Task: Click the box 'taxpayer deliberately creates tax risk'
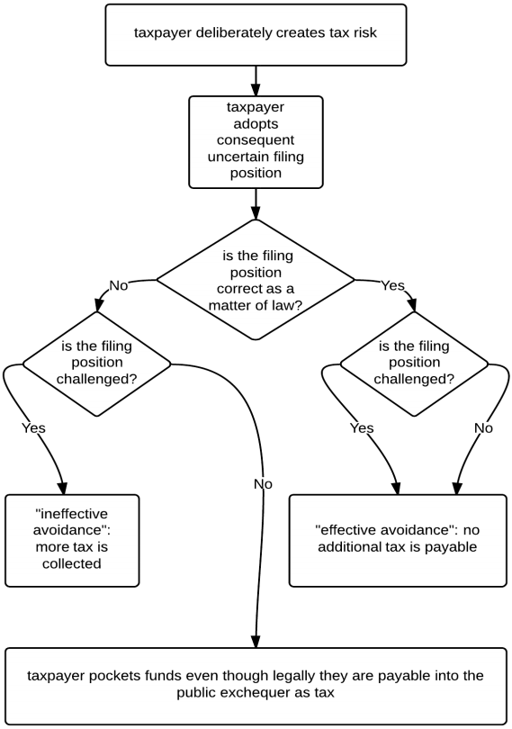(x=256, y=35)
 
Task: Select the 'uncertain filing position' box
(x=256, y=142)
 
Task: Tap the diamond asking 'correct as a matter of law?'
(x=256, y=280)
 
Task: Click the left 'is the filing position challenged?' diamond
(x=96, y=363)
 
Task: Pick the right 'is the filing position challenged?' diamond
(x=414, y=363)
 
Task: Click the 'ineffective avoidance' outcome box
(x=72, y=540)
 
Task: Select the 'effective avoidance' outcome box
(x=398, y=540)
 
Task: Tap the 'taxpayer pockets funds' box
(x=256, y=686)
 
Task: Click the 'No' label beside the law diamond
(x=118, y=285)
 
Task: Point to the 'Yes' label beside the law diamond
(x=393, y=285)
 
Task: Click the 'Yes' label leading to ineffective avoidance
(x=33, y=427)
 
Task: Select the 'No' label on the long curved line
(x=263, y=484)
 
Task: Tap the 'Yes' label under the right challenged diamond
(x=362, y=427)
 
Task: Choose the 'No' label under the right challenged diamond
(x=483, y=427)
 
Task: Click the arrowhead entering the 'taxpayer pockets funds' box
(x=256, y=641)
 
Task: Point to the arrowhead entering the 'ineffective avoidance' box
(x=63, y=488)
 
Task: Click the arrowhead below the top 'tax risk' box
(x=256, y=89)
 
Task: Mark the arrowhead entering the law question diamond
(x=256, y=212)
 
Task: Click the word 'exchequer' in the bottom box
(x=256, y=693)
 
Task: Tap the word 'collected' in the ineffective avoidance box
(x=72, y=563)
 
